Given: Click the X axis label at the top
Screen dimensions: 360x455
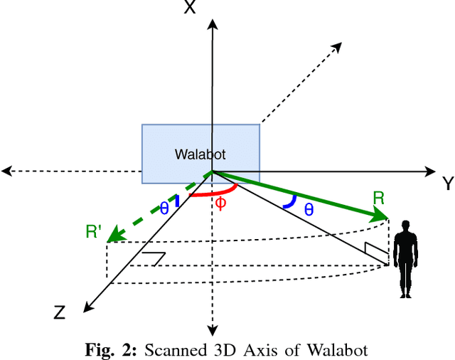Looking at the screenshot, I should (189, 9).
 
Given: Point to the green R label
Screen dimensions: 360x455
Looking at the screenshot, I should (378, 198).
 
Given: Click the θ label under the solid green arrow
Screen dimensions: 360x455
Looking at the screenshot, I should (309, 209).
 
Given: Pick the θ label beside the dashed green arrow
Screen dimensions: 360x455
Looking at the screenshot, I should (164, 208).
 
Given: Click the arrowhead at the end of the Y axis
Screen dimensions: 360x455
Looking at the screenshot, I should (430, 171).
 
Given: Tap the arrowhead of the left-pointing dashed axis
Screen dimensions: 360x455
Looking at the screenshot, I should (6, 171).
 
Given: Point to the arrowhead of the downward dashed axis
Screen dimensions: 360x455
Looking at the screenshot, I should (211, 329).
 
